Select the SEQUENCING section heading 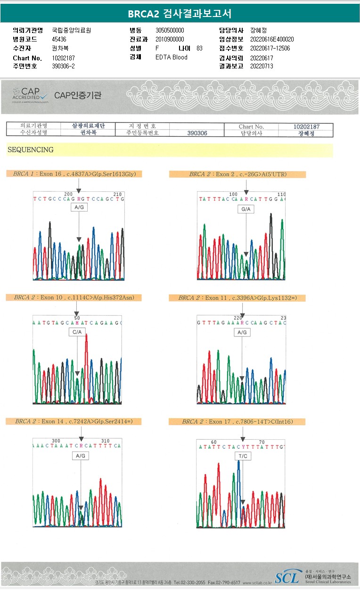click(31, 150)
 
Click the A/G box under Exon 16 click(79, 207)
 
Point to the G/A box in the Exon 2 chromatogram click(246, 209)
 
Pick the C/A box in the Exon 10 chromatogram click(77, 332)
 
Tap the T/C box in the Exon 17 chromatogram click(243, 456)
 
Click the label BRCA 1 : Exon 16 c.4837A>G click(74, 174)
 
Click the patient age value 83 click(199, 49)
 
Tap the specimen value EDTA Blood click(172, 58)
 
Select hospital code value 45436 click(59, 40)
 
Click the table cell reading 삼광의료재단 click(88, 126)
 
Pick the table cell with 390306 click(197, 133)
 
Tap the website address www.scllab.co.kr click(257, 583)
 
